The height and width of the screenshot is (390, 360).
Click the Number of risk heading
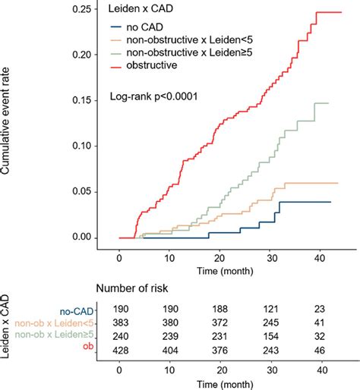[x=134, y=288]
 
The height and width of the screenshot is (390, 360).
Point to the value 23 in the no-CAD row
[x=321, y=310]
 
